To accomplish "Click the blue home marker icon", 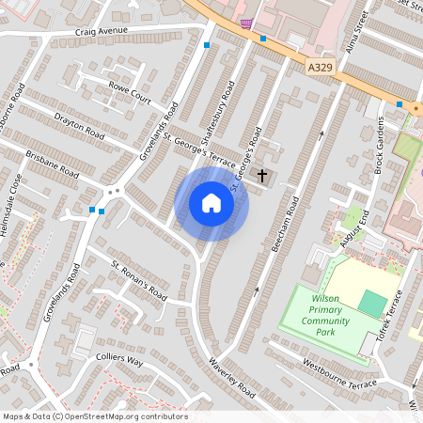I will [x=211, y=203].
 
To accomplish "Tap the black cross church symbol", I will [x=263, y=175].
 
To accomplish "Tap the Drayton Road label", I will [x=79, y=125].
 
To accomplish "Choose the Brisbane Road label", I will [x=53, y=165].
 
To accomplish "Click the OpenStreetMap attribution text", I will [x=95, y=416].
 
